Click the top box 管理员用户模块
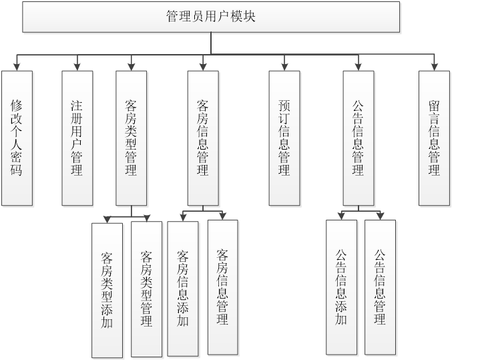[211, 17]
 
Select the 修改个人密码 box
[17, 138]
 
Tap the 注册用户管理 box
[77, 138]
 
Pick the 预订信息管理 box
[284, 138]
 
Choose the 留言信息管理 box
[435, 138]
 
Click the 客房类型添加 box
[107, 290]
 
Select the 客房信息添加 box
[183, 289]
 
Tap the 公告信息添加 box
[341, 287]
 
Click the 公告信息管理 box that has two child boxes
[358, 138]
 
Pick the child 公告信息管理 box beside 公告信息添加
[380, 287]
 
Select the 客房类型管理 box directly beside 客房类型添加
[147, 289]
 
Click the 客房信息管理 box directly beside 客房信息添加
[222, 287]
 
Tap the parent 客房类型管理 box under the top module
[131, 138]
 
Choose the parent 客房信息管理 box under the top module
[203, 138]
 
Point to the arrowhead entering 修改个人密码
[17, 66]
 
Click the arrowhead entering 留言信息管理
[435, 66]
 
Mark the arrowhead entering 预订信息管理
[284, 66]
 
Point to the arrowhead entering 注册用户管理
[77, 66]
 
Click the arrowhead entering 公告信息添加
[341, 216]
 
